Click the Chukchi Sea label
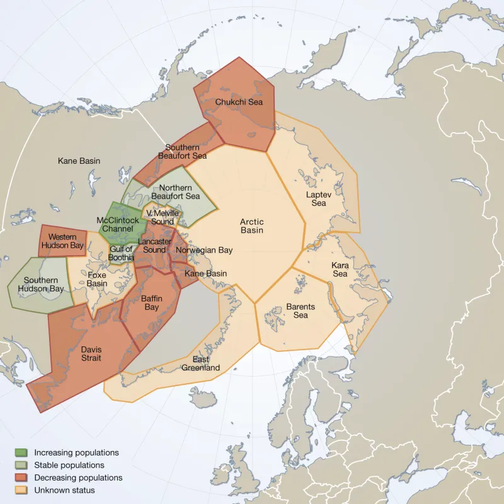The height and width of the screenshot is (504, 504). tap(239, 102)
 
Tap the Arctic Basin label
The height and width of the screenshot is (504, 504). tap(251, 226)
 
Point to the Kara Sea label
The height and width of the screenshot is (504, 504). tap(340, 270)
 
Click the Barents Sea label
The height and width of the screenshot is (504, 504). tap(301, 311)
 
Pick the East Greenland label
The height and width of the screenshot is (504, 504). tap(200, 364)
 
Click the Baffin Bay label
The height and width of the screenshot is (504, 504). tap(151, 302)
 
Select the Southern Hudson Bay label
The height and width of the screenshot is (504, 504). tap(40, 285)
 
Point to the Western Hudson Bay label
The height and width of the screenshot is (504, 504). tap(62, 241)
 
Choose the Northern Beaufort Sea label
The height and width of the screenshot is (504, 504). tap(180, 192)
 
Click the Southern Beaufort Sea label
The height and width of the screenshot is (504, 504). tap(182, 152)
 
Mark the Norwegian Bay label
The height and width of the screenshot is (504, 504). tap(204, 250)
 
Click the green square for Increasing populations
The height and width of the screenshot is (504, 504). tap(21, 452)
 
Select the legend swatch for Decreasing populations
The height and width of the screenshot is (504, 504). tap(21, 478)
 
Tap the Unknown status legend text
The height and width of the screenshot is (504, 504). tap(64, 490)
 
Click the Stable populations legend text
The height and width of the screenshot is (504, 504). tap(69, 465)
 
